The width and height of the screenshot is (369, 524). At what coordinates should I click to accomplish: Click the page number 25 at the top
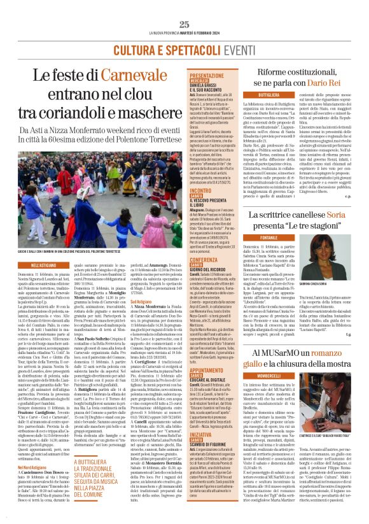click(184, 24)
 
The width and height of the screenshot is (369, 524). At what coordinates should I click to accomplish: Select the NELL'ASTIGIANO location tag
click(44, 264)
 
